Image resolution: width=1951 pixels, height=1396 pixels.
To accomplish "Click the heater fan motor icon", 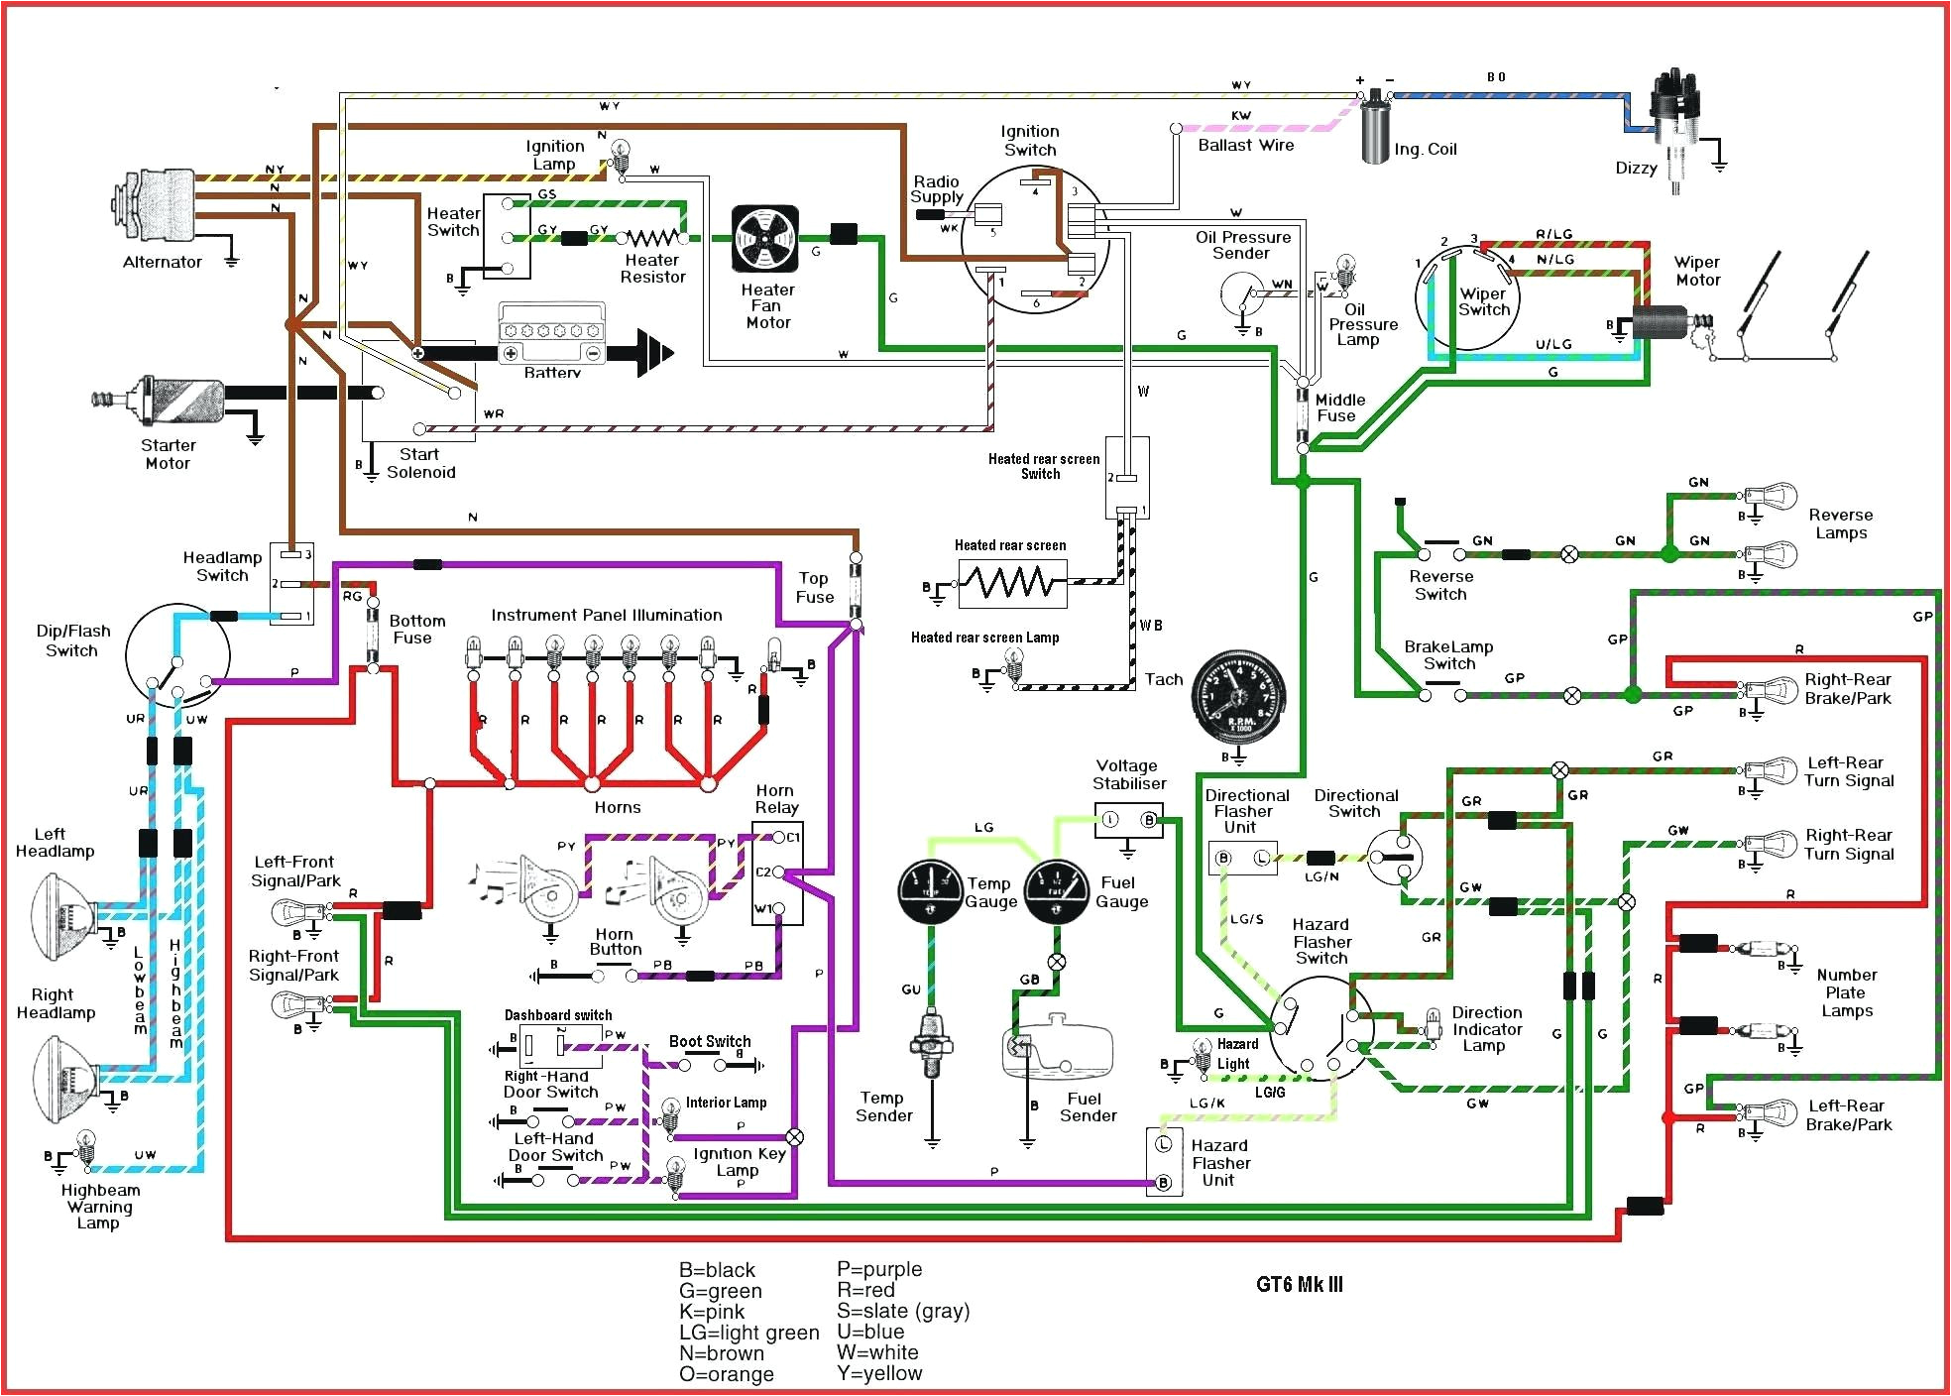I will (764, 239).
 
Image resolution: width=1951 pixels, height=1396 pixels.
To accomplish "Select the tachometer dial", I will (1237, 698).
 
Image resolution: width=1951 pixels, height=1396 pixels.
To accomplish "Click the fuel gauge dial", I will (1056, 890).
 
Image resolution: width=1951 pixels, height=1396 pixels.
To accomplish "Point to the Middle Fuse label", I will (1339, 407).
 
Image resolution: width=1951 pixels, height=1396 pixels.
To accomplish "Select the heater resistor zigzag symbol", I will (652, 238).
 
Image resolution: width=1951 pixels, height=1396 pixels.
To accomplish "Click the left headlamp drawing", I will (64, 917).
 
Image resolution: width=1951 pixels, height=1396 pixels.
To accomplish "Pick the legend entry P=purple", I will (878, 1269).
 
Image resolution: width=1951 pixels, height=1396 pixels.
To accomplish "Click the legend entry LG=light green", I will (748, 1333).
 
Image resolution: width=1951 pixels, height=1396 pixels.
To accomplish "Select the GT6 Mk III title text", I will (1299, 1285).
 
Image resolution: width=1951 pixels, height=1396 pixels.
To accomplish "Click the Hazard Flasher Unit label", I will (1220, 1163).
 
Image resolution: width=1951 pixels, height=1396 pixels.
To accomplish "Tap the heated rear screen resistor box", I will (1012, 583).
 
